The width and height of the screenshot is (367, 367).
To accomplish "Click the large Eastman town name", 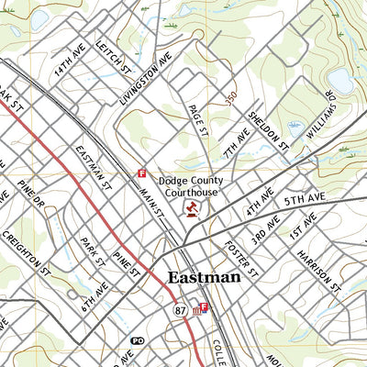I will [x=204, y=277].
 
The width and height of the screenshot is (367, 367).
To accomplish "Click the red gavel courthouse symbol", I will [x=191, y=210].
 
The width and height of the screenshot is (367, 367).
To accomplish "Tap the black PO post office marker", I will [x=138, y=340].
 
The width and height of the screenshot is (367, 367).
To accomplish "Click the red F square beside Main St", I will [x=141, y=172].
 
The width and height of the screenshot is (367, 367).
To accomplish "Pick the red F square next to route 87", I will [x=204, y=307].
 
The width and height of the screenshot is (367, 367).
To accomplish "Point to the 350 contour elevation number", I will [x=231, y=95].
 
